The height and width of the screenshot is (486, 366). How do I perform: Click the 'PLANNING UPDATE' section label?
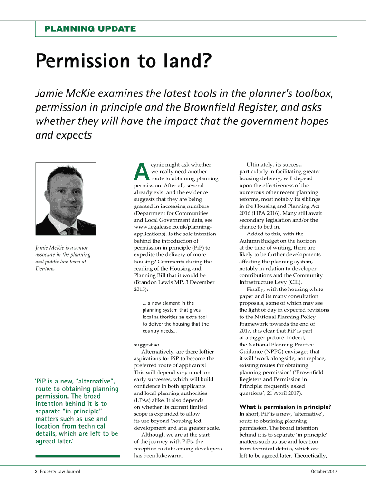(90, 29)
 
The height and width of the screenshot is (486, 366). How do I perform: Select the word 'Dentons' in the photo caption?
(45, 268)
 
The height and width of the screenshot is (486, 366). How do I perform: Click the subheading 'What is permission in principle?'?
(285, 407)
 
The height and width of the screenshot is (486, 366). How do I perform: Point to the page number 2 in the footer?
(36, 471)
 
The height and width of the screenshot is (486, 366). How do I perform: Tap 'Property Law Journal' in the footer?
(60, 471)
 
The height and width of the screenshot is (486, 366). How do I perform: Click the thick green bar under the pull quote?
(78, 456)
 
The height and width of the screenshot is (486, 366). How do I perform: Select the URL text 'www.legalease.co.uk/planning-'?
(173, 227)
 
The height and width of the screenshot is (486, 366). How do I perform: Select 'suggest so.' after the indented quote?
(147, 345)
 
